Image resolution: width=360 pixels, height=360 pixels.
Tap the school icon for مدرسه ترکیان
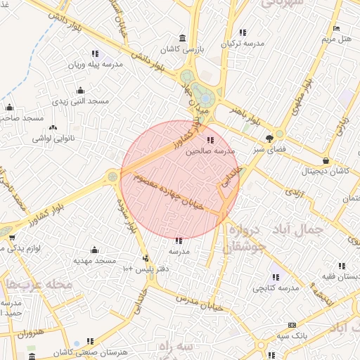(243, 32)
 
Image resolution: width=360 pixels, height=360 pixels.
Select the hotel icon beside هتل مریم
(337, 28)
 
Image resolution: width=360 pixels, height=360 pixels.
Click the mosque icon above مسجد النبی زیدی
(80, 90)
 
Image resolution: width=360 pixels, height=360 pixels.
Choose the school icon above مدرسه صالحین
(211, 140)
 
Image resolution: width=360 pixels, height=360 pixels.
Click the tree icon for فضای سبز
(270, 139)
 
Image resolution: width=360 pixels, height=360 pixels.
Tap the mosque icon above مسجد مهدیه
(95, 250)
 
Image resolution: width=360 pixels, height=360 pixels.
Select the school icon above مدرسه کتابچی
(276, 277)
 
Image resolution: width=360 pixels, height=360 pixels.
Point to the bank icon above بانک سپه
(292, 325)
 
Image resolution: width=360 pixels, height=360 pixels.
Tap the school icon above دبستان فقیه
(342, 266)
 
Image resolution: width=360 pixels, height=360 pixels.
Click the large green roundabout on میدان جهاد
(205, 95)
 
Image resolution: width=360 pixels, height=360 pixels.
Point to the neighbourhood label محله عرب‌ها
(38, 285)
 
